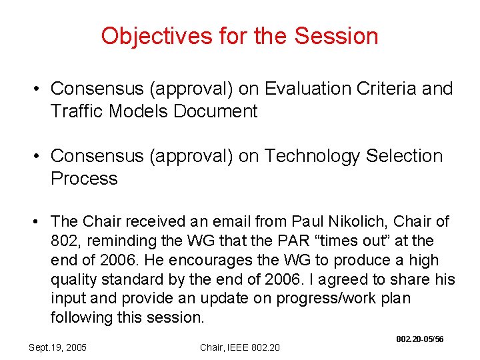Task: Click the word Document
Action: (215, 111)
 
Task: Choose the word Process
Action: (84, 179)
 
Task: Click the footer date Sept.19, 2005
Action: (58, 347)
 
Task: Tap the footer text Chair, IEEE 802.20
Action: (240, 347)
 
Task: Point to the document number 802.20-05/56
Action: (420, 339)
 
